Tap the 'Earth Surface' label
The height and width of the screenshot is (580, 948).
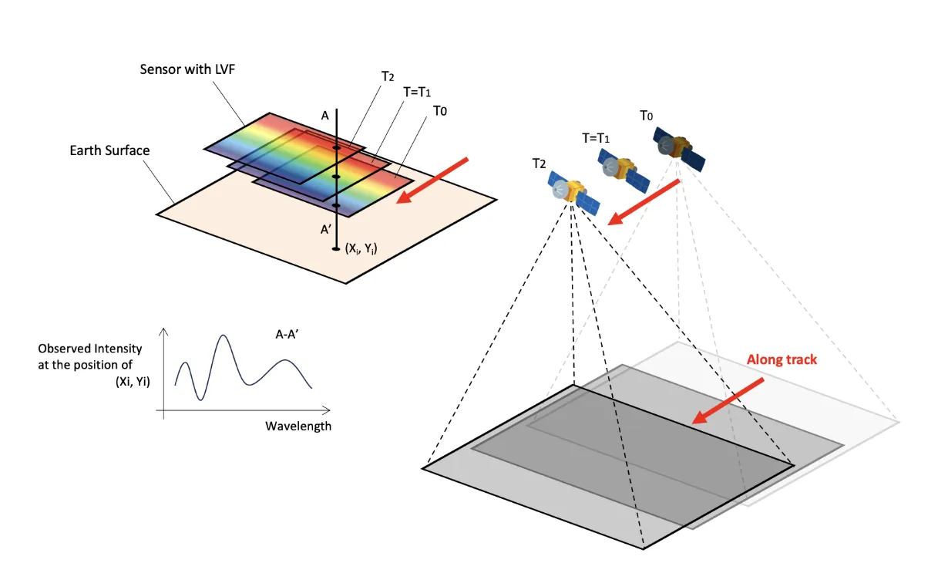(109, 150)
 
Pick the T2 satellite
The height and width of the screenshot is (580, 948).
(573, 191)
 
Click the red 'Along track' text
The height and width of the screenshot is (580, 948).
(782, 359)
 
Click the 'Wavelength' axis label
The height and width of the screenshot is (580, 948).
(298, 426)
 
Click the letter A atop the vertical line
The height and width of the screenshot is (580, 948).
(325, 116)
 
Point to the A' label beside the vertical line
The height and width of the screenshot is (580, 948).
(327, 228)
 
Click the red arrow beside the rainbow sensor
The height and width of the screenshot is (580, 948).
(431, 180)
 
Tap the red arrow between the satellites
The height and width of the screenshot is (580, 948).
(644, 202)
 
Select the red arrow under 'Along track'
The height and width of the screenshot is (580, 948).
(728, 400)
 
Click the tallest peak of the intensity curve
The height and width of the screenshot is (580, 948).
(224, 336)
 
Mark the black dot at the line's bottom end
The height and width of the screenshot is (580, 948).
(336, 248)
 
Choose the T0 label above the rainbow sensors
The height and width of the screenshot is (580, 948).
(440, 111)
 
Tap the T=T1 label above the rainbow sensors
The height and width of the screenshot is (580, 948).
(417, 92)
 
